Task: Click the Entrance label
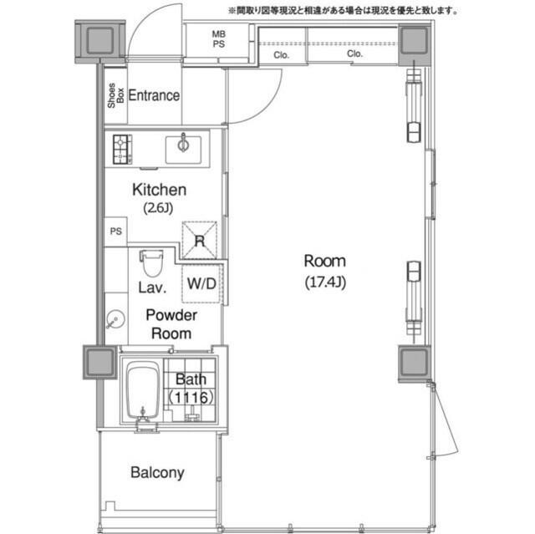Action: [154, 95]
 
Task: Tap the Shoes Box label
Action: [115, 95]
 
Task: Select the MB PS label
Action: [219, 39]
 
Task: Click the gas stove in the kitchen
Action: [123, 150]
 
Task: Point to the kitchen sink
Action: [183, 150]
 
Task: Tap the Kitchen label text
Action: [160, 190]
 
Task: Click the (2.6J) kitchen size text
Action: [158, 207]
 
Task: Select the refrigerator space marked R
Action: [200, 240]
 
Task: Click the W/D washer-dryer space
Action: [201, 283]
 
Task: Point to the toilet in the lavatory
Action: [151, 263]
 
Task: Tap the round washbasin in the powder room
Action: [115, 319]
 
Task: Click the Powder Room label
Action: [171, 324]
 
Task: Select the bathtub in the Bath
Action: [143, 390]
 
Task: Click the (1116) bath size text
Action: [191, 397]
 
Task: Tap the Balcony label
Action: [157, 473]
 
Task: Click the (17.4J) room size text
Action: [325, 282]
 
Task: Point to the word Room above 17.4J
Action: [325, 262]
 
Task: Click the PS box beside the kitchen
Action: [115, 231]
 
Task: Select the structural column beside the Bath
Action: [100, 362]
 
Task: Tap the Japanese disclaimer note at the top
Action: [344, 11]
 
